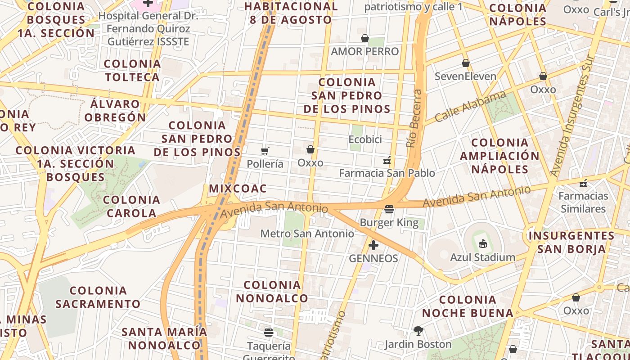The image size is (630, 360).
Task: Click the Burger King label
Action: [389, 222]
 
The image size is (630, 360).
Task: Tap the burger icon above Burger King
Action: [389, 209]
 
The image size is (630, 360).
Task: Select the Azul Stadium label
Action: [483, 257]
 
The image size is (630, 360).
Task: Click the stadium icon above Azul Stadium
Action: [483, 244]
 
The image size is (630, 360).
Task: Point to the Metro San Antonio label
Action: [307, 234]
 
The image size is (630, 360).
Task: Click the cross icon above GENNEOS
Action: [373, 245]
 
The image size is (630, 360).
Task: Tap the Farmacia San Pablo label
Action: [387, 173]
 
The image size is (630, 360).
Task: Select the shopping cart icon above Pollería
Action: [265, 151]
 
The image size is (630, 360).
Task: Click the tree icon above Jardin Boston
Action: [418, 331]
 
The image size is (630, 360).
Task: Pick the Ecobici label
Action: [365, 139]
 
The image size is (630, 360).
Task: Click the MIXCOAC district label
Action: [238, 189]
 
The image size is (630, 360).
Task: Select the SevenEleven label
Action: [465, 76]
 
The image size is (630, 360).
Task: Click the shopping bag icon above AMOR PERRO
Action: [365, 39]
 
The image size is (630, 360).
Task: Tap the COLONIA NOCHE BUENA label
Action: [468, 306]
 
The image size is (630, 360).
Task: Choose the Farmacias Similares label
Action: [583, 202]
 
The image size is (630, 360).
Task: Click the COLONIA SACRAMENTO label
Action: [99, 297]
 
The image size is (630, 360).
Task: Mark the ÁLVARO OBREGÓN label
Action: [115, 111]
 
